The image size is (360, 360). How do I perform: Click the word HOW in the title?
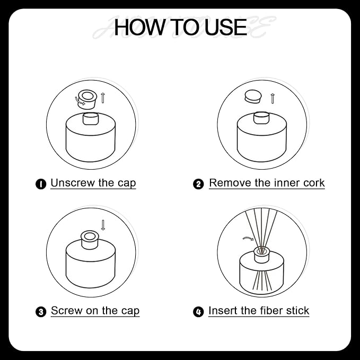pos(139,28)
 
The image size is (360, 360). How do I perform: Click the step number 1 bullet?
pos(41,184)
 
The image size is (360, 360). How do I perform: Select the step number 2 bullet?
pos(198,184)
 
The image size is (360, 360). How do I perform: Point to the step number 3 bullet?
pos(41,312)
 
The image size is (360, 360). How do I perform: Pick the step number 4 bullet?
pos(198,312)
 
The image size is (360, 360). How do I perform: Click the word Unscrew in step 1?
pos(73,183)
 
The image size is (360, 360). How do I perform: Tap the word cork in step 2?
pos(314,183)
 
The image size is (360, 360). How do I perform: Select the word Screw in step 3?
pos(67,311)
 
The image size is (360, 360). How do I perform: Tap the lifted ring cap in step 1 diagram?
pos(87,99)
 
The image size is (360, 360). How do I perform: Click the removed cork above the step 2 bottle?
pos(253,96)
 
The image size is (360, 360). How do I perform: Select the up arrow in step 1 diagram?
pos(103,98)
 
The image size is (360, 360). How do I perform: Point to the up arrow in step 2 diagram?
pos(273,99)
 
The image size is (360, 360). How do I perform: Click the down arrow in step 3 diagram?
pos(103,225)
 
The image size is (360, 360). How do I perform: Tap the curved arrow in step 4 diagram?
pos(248,238)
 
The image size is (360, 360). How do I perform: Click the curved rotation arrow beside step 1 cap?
pos(79,101)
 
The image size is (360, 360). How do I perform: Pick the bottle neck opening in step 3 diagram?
pos(90,236)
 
